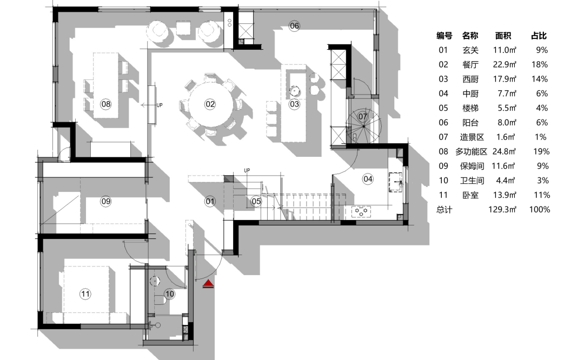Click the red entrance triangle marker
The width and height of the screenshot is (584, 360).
[209, 284]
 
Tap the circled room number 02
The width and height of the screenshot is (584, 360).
[210, 104]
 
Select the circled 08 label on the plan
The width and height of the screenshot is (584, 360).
[106, 104]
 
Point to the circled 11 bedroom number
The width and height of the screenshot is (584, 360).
[85, 294]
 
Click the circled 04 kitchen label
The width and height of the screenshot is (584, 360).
[368, 179]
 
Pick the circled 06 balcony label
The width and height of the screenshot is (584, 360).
[294, 26]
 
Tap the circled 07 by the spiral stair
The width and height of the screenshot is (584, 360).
[363, 117]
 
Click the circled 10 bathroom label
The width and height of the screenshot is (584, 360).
[169, 294]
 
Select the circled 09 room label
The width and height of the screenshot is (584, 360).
[106, 202]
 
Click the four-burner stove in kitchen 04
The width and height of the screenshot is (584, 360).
[361, 211]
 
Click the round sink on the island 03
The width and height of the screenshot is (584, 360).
[295, 90]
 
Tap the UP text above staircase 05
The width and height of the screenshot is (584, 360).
[247, 170]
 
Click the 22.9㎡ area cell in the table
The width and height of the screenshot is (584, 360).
[505, 64]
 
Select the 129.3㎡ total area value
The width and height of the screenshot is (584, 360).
[502, 209]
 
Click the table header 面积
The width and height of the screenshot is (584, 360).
[503, 36]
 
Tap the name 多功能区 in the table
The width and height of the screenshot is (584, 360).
[471, 151]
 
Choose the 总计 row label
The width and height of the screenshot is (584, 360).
[444, 209]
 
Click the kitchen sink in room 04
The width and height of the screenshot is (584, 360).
[395, 182]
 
